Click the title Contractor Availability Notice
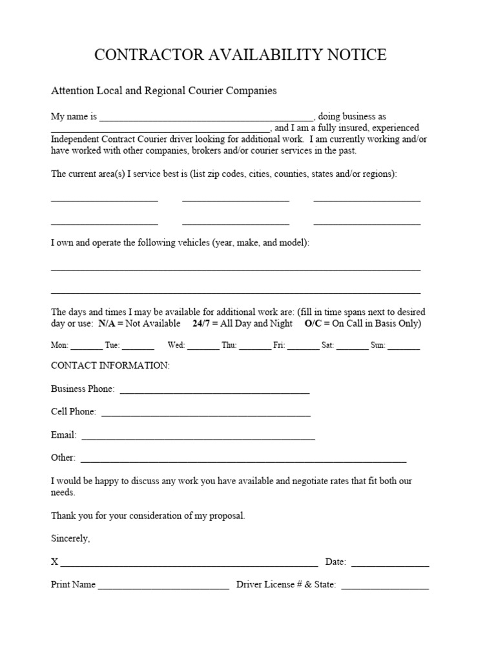pyautogui.click(x=240, y=56)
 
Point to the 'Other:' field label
pyautogui.click(x=63, y=458)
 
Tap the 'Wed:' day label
pyautogui.click(x=176, y=345)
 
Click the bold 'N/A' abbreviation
pyautogui.click(x=107, y=323)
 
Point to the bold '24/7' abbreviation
pyautogui.click(x=201, y=323)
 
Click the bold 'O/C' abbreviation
pyautogui.click(x=313, y=323)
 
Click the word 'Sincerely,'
pyautogui.click(x=70, y=538)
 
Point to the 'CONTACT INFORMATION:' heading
pyautogui.click(x=110, y=366)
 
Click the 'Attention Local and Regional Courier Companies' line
pyautogui.click(x=164, y=90)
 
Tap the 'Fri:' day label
pyautogui.click(x=279, y=345)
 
